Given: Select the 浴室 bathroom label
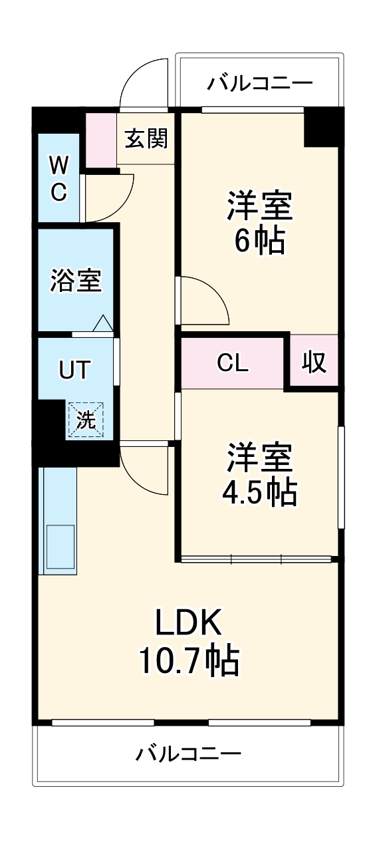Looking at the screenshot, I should point(76,279).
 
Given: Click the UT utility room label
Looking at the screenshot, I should point(74,369).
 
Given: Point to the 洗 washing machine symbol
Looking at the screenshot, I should point(84,420).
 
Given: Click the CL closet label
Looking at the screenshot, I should point(233,363).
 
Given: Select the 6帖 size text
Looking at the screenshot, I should point(259,241).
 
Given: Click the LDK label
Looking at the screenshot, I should point(188,623).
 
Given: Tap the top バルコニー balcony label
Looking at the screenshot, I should point(259,83).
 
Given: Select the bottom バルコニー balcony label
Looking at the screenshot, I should point(189,754).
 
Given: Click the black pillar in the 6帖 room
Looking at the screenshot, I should point(321,128).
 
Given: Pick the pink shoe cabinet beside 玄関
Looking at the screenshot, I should point(101,140).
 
